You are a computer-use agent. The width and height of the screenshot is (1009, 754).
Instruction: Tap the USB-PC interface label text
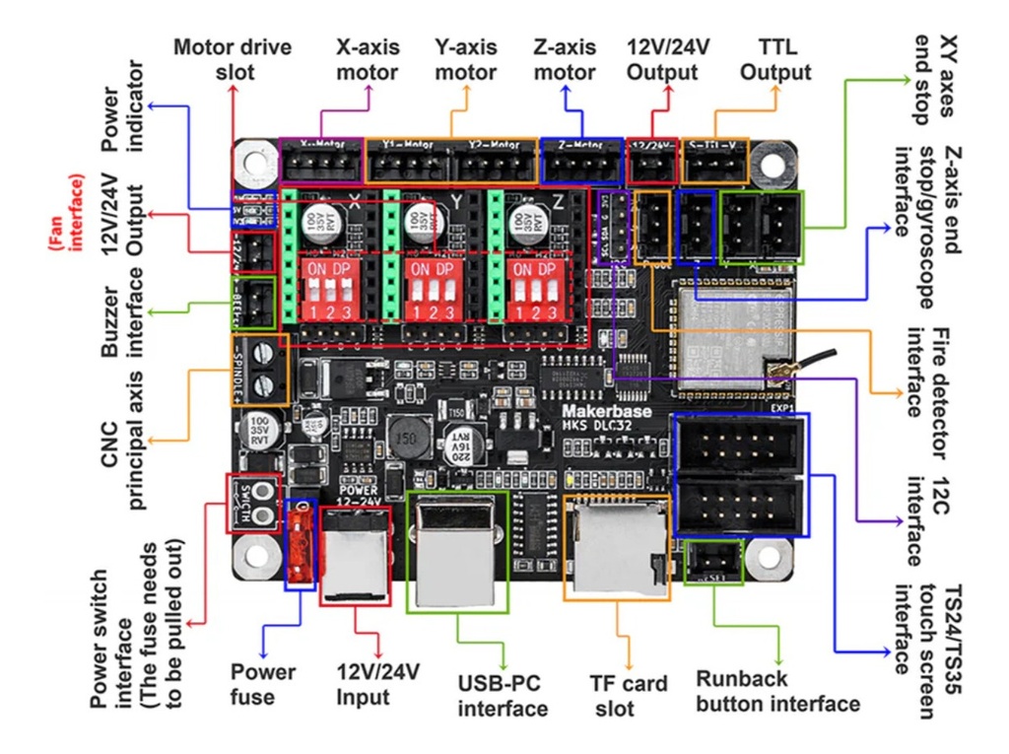click(503, 696)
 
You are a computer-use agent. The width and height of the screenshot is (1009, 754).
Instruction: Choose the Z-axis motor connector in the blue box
click(581, 164)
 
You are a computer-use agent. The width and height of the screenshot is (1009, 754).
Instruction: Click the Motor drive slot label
click(228, 59)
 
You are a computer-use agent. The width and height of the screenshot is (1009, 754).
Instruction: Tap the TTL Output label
click(775, 59)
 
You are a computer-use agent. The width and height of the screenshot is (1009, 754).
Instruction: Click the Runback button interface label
click(777, 691)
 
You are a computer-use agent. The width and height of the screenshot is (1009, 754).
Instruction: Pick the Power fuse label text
click(262, 684)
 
